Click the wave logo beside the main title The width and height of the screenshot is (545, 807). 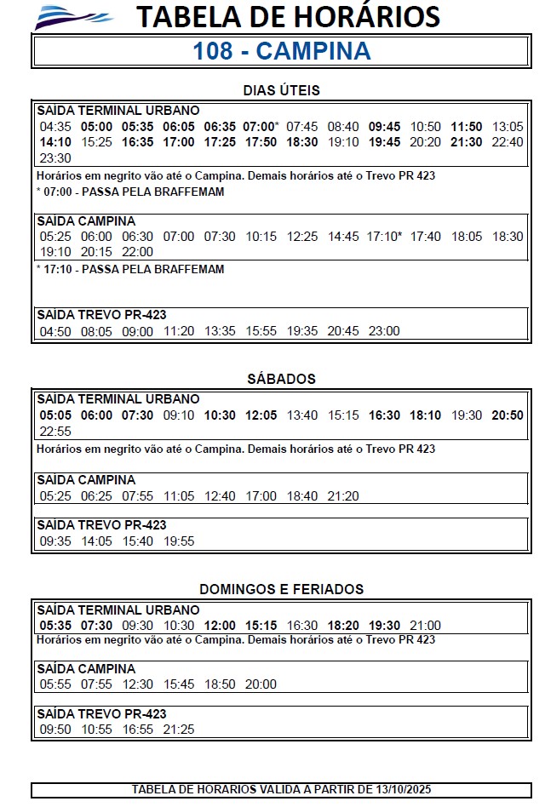point(73,16)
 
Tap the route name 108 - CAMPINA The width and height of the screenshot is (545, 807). point(282,51)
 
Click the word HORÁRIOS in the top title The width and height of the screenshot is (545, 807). point(367,17)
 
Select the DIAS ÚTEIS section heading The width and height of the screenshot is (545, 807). point(281,90)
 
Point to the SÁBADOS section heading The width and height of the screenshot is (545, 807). point(281,379)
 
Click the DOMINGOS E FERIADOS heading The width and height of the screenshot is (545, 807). point(281,589)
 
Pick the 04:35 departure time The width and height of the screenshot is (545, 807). point(55,126)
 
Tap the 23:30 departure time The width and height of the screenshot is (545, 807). point(55,158)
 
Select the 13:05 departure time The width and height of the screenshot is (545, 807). point(508,126)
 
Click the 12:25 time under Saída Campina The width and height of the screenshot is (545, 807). point(302,236)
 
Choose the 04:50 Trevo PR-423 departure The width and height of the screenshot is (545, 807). point(55,331)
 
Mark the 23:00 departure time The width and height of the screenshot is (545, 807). point(384,331)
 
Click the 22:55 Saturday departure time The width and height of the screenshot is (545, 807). point(55,432)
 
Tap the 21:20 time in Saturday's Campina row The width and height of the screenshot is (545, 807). point(343,495)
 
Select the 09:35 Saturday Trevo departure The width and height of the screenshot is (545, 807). point(55,541)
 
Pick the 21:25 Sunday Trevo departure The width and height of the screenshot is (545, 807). point(179,730)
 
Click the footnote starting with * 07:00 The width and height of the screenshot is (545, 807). point(130,192)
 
